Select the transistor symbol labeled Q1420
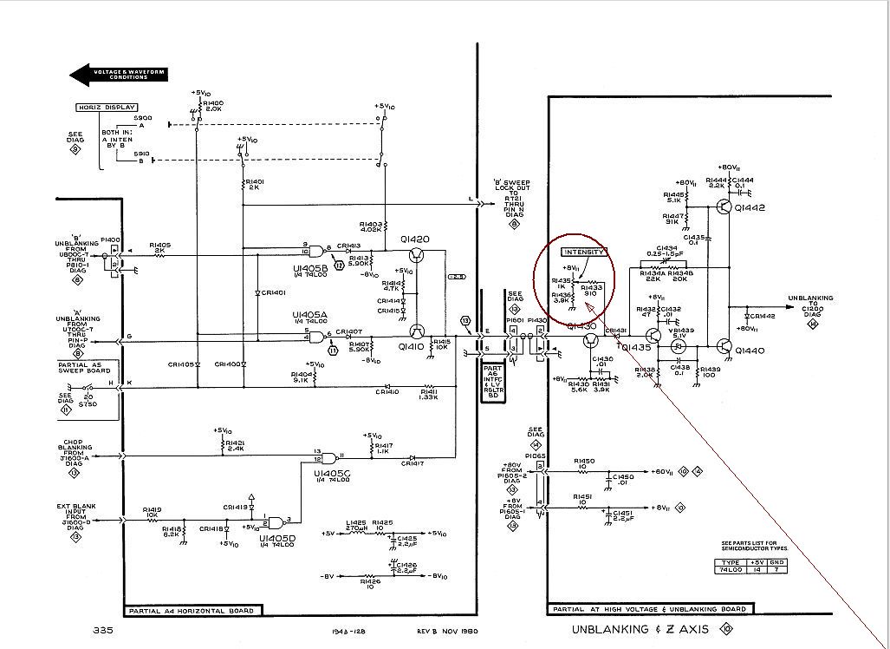[x=417, y=254]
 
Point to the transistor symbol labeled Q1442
[x=725, y=207]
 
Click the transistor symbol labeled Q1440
[x=725, y=348]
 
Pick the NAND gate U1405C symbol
[x=330, y=457]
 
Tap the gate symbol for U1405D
[x=276, y=523]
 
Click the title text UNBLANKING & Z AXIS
[x=640, y=628]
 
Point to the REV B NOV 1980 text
[x=448, y=631]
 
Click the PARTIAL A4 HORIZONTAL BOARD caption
[x=191, y=611]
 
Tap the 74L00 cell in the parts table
[x=730, y=571]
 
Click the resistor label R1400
[x=213, y=103]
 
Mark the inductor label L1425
[x=356, y=523]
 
